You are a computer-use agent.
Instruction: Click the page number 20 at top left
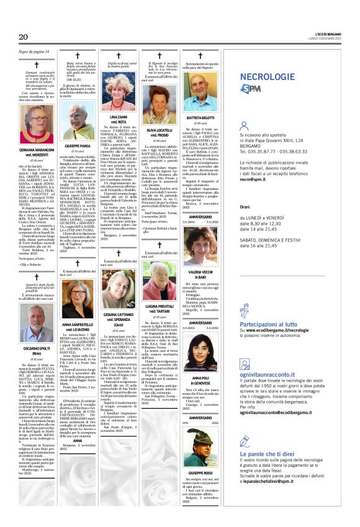click(24, 37)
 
